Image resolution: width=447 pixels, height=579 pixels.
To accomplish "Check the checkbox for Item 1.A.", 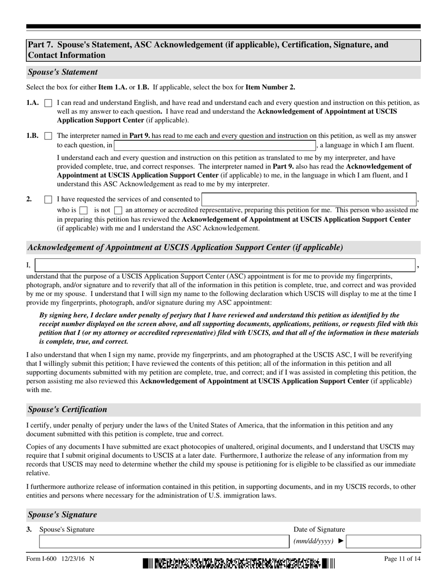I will (48, 103).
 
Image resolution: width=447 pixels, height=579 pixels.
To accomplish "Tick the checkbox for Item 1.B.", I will (48, 136).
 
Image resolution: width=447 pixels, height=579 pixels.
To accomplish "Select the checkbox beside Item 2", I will (48, 200).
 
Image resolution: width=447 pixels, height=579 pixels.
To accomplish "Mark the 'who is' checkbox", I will (83, 210).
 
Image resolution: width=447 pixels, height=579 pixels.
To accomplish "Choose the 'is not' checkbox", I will (118, 210).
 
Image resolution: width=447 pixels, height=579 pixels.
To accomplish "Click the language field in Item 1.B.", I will (214, 145).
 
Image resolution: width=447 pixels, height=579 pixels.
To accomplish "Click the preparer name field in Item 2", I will (309, 199).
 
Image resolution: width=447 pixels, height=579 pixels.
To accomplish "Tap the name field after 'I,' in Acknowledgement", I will (225, 265).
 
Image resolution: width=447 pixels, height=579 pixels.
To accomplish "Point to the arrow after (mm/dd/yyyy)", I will (341, 541).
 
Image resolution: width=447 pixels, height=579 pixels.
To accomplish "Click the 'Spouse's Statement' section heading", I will (63, 72).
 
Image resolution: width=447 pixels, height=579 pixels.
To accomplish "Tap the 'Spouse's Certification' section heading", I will (67, 410).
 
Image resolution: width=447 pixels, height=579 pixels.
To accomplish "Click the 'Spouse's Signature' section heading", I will (62, 515).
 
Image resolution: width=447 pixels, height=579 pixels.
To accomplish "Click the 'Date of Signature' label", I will (319, 530).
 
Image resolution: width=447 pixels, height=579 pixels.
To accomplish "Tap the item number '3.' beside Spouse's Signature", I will (29, 530).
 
